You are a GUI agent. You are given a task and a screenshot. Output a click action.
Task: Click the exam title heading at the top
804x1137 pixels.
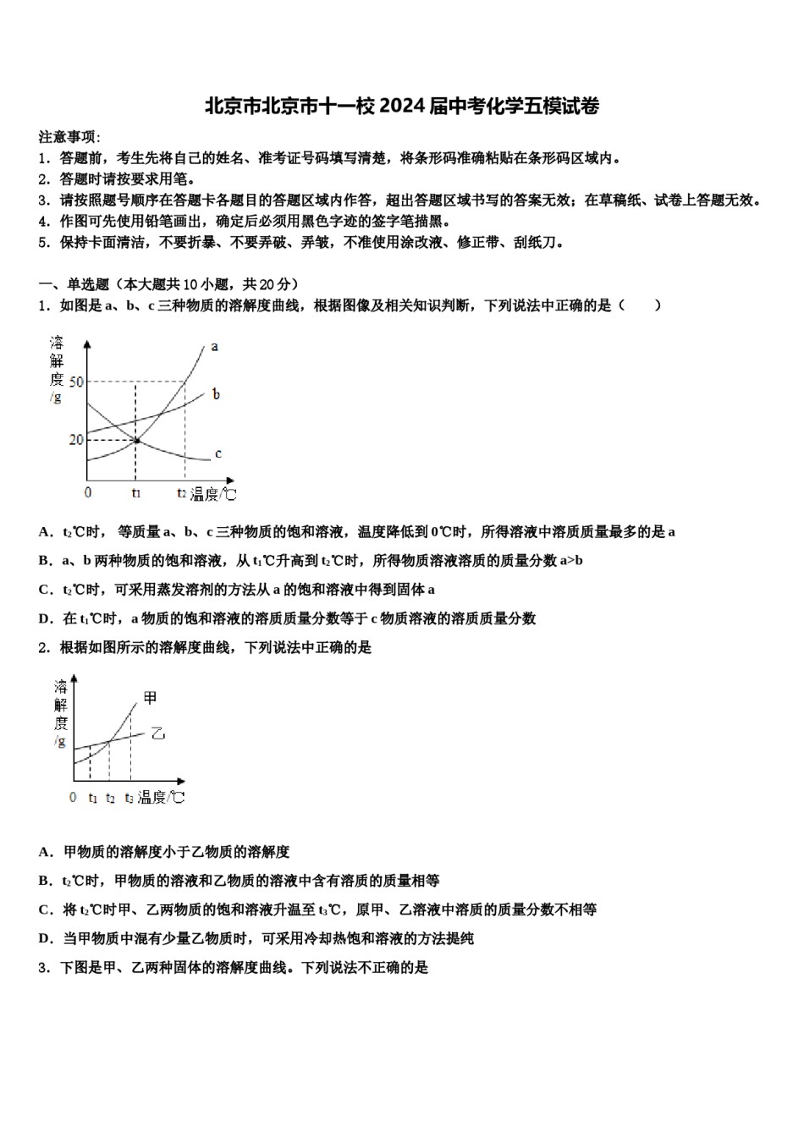[402, 107]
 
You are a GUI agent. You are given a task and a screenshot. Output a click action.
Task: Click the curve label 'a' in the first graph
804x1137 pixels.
[215, 346]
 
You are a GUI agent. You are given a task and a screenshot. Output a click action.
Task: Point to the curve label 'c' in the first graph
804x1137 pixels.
[218, 453]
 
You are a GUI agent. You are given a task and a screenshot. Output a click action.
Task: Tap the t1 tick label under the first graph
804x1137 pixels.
[136, 492]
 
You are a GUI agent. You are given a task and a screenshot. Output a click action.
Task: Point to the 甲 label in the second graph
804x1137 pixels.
[151, 698]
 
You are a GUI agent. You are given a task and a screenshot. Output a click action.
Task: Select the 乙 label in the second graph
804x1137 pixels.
[157, 733]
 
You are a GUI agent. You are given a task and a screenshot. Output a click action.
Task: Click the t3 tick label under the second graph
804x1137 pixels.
[129, 798]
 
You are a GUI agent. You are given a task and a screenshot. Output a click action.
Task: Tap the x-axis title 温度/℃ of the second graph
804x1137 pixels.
[161, 798]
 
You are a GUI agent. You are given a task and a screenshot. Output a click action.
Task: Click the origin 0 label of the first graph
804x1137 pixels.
[88, 492]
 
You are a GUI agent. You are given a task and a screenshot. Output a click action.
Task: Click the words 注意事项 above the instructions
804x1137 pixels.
[68, 137]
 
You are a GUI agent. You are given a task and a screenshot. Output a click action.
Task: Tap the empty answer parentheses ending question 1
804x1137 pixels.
[640, 305]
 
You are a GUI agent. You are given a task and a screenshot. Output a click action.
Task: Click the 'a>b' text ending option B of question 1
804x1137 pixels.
[572, 561]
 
